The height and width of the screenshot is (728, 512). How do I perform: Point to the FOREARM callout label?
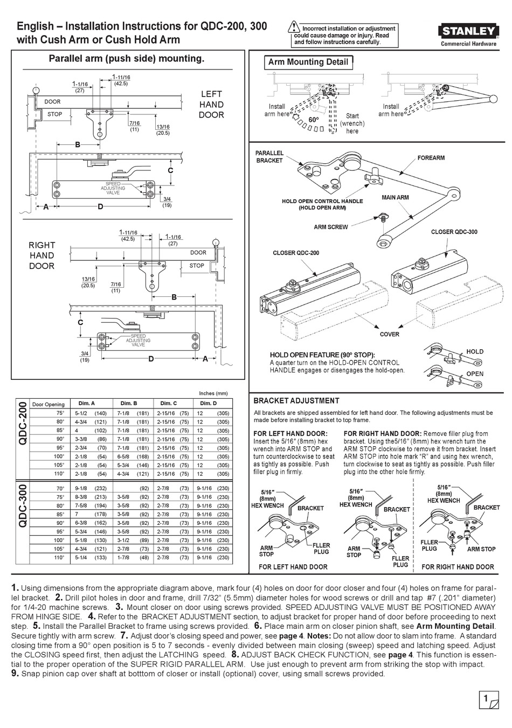tap(431, 158)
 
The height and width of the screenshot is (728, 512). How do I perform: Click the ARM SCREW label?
tap(331, 227)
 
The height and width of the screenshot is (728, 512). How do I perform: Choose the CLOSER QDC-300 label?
tap(454, 232)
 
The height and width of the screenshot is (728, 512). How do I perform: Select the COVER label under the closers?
tap(389, 334)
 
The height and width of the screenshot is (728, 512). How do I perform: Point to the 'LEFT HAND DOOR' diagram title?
tap(211, 105)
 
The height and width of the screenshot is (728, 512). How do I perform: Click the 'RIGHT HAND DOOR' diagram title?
tap(41, 255)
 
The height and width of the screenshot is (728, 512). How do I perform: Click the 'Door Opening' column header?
tap(48, 404)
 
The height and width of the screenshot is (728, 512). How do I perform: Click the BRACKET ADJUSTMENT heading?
tap(296, 401)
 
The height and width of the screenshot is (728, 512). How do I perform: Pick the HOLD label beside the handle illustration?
tap(475, 351)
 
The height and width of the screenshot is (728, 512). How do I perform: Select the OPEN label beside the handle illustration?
tap(475, 373)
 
